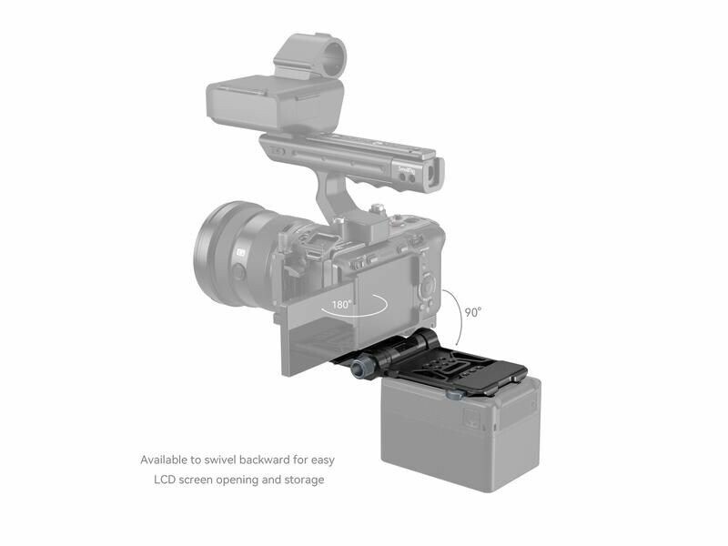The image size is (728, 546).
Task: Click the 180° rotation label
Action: coord(341,305)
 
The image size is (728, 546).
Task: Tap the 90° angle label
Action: coord(473,312)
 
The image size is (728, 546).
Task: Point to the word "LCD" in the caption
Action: coord(165,480)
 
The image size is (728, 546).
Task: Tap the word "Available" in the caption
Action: coord(164,460)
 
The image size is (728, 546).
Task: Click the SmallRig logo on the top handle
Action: coord(407,169)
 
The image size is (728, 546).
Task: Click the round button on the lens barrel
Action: coord(238,272)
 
